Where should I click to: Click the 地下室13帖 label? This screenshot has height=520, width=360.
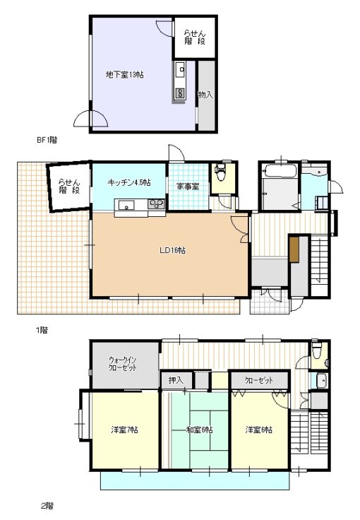click(x=124, y=75)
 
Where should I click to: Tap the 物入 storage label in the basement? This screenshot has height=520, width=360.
click(x=205, y=95)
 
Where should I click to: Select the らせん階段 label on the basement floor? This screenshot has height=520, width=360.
click(x=195, y=37)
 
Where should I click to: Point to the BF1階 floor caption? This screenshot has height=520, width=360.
click(x=47, y=140)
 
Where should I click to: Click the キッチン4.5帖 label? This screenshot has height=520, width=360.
click(x=129, y=182)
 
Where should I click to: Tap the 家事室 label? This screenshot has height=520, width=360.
click(x=188, y=187)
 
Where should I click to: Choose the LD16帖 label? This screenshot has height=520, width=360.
click(x=172, y=250)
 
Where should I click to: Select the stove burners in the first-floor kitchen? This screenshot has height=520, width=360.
click(x=156, y=203)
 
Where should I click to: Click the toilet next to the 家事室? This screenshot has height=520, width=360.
click(x=220, y=172)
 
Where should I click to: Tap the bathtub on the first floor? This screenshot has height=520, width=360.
click(x=280, y=171)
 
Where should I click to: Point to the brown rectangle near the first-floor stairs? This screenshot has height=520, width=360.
click(x=294, y=249)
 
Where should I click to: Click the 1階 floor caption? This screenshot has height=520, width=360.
click(x=42, y=330)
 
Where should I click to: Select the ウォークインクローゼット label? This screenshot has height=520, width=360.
click(x=123, y=364)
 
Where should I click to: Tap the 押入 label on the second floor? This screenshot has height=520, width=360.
click(x=176, y=380)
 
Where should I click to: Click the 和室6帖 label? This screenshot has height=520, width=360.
click(x=199, y=430)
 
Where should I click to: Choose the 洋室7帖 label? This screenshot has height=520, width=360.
click(x=124, y=430)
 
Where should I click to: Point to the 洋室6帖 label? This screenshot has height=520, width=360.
click(x=258, y=430)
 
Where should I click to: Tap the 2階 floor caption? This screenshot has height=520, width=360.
click(x=47, y=506)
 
